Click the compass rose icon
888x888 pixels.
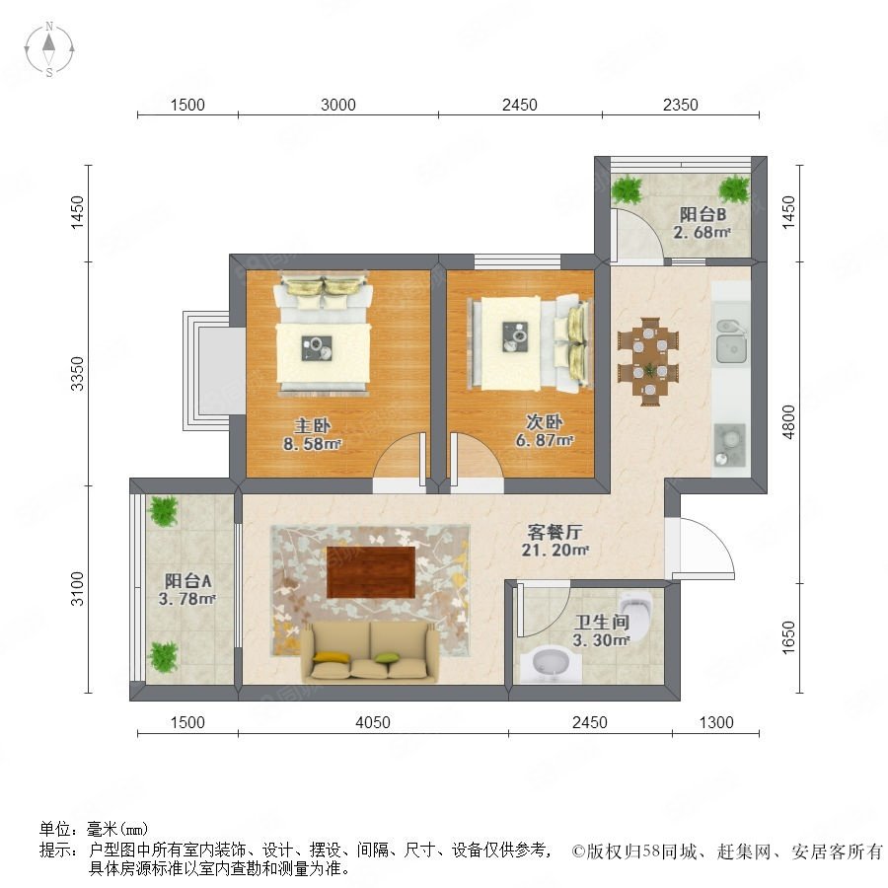[49, 49]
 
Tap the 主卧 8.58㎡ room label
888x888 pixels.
[312, 434]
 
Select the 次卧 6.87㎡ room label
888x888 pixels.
[545, 431]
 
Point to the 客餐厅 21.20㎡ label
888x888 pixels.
[555, 541]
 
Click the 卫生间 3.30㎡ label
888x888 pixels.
[602, 631]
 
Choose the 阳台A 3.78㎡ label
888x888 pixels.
[187, 590]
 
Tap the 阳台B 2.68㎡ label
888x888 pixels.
[703, 223]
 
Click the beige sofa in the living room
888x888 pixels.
[370, 651]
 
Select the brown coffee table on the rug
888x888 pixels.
[371, 572]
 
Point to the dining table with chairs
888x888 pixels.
[649, 361]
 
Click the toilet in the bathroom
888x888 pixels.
[636, 614]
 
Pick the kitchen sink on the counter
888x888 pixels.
[731, 341]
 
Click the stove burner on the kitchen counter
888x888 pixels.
[730, 445]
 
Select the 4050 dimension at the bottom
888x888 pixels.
[373, 722]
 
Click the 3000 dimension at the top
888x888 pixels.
[338, 105]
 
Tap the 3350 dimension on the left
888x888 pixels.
[77, 374]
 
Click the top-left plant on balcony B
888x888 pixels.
[628, 189]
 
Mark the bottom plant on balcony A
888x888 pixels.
[163, 657]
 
